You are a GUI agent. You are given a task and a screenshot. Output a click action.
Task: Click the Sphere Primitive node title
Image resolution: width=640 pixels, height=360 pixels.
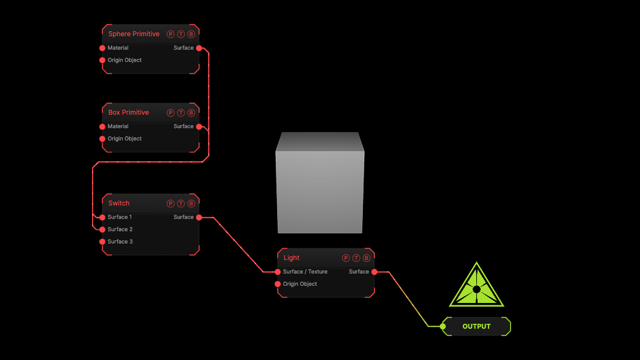click(134, 34)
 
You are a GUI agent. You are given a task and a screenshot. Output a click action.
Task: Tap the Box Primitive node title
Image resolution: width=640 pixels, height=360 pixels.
click(128, 112)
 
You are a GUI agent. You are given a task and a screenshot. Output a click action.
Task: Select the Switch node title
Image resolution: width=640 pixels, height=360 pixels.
click(119, 203)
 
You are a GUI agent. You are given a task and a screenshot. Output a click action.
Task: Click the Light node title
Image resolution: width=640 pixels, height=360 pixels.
click(291, 258)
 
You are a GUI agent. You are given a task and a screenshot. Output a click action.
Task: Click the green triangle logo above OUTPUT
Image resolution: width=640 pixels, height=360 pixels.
click(476, 285)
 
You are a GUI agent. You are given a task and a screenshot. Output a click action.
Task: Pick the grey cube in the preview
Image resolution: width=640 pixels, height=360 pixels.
click(320, 183)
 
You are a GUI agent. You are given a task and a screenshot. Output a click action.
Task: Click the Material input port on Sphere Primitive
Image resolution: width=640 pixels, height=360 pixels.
click(102, 48)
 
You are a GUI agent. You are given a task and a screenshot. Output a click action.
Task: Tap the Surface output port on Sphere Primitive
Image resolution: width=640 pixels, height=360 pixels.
click(199, 48)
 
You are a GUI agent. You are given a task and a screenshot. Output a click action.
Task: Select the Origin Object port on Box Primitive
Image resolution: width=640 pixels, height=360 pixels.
click(102, 139)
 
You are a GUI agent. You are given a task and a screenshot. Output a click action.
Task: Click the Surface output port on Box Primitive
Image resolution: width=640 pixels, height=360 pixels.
click(199, 126)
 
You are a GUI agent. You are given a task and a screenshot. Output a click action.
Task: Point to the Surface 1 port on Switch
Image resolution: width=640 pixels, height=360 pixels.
click(102, 218)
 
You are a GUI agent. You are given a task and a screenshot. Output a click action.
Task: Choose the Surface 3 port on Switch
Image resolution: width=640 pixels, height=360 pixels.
click(102, 242)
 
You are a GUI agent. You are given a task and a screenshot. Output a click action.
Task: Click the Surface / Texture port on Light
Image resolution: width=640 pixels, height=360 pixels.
click(278, 272)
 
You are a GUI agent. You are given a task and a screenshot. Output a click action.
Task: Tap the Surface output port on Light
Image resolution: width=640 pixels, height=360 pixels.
click(375, 272)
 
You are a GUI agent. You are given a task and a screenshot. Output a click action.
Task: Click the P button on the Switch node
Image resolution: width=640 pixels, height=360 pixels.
click(170, 204)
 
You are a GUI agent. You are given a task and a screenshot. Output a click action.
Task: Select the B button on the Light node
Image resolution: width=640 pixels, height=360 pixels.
click(367, 258)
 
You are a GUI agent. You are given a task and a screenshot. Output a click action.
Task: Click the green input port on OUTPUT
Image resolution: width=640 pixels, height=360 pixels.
click(443, 326)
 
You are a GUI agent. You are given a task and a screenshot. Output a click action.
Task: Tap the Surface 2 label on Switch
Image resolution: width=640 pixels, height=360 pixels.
click(120, 229)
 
